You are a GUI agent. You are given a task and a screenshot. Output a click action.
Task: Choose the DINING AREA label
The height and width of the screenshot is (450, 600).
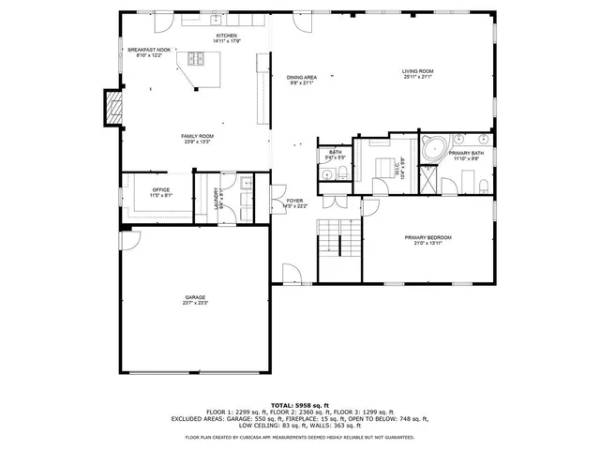(301, 77)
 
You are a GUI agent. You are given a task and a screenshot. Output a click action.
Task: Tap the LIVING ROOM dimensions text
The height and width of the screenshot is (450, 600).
(417, 77)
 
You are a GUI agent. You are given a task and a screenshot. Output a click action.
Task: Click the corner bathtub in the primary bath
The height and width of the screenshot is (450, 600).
(433, 149)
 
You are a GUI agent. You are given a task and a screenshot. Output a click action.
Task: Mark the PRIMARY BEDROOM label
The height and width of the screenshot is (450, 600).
(427, 237)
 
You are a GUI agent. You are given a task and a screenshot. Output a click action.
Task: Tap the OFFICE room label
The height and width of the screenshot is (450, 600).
(161, 190)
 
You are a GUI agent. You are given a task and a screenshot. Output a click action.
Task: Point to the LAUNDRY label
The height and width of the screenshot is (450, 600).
(217, 199)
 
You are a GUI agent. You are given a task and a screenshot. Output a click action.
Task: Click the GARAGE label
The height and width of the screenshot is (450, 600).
(195, 297)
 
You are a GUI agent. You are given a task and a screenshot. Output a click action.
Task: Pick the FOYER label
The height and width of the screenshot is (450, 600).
(294, 201)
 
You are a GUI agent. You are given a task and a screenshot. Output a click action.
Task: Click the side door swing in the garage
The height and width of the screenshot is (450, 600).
(131, 242)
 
